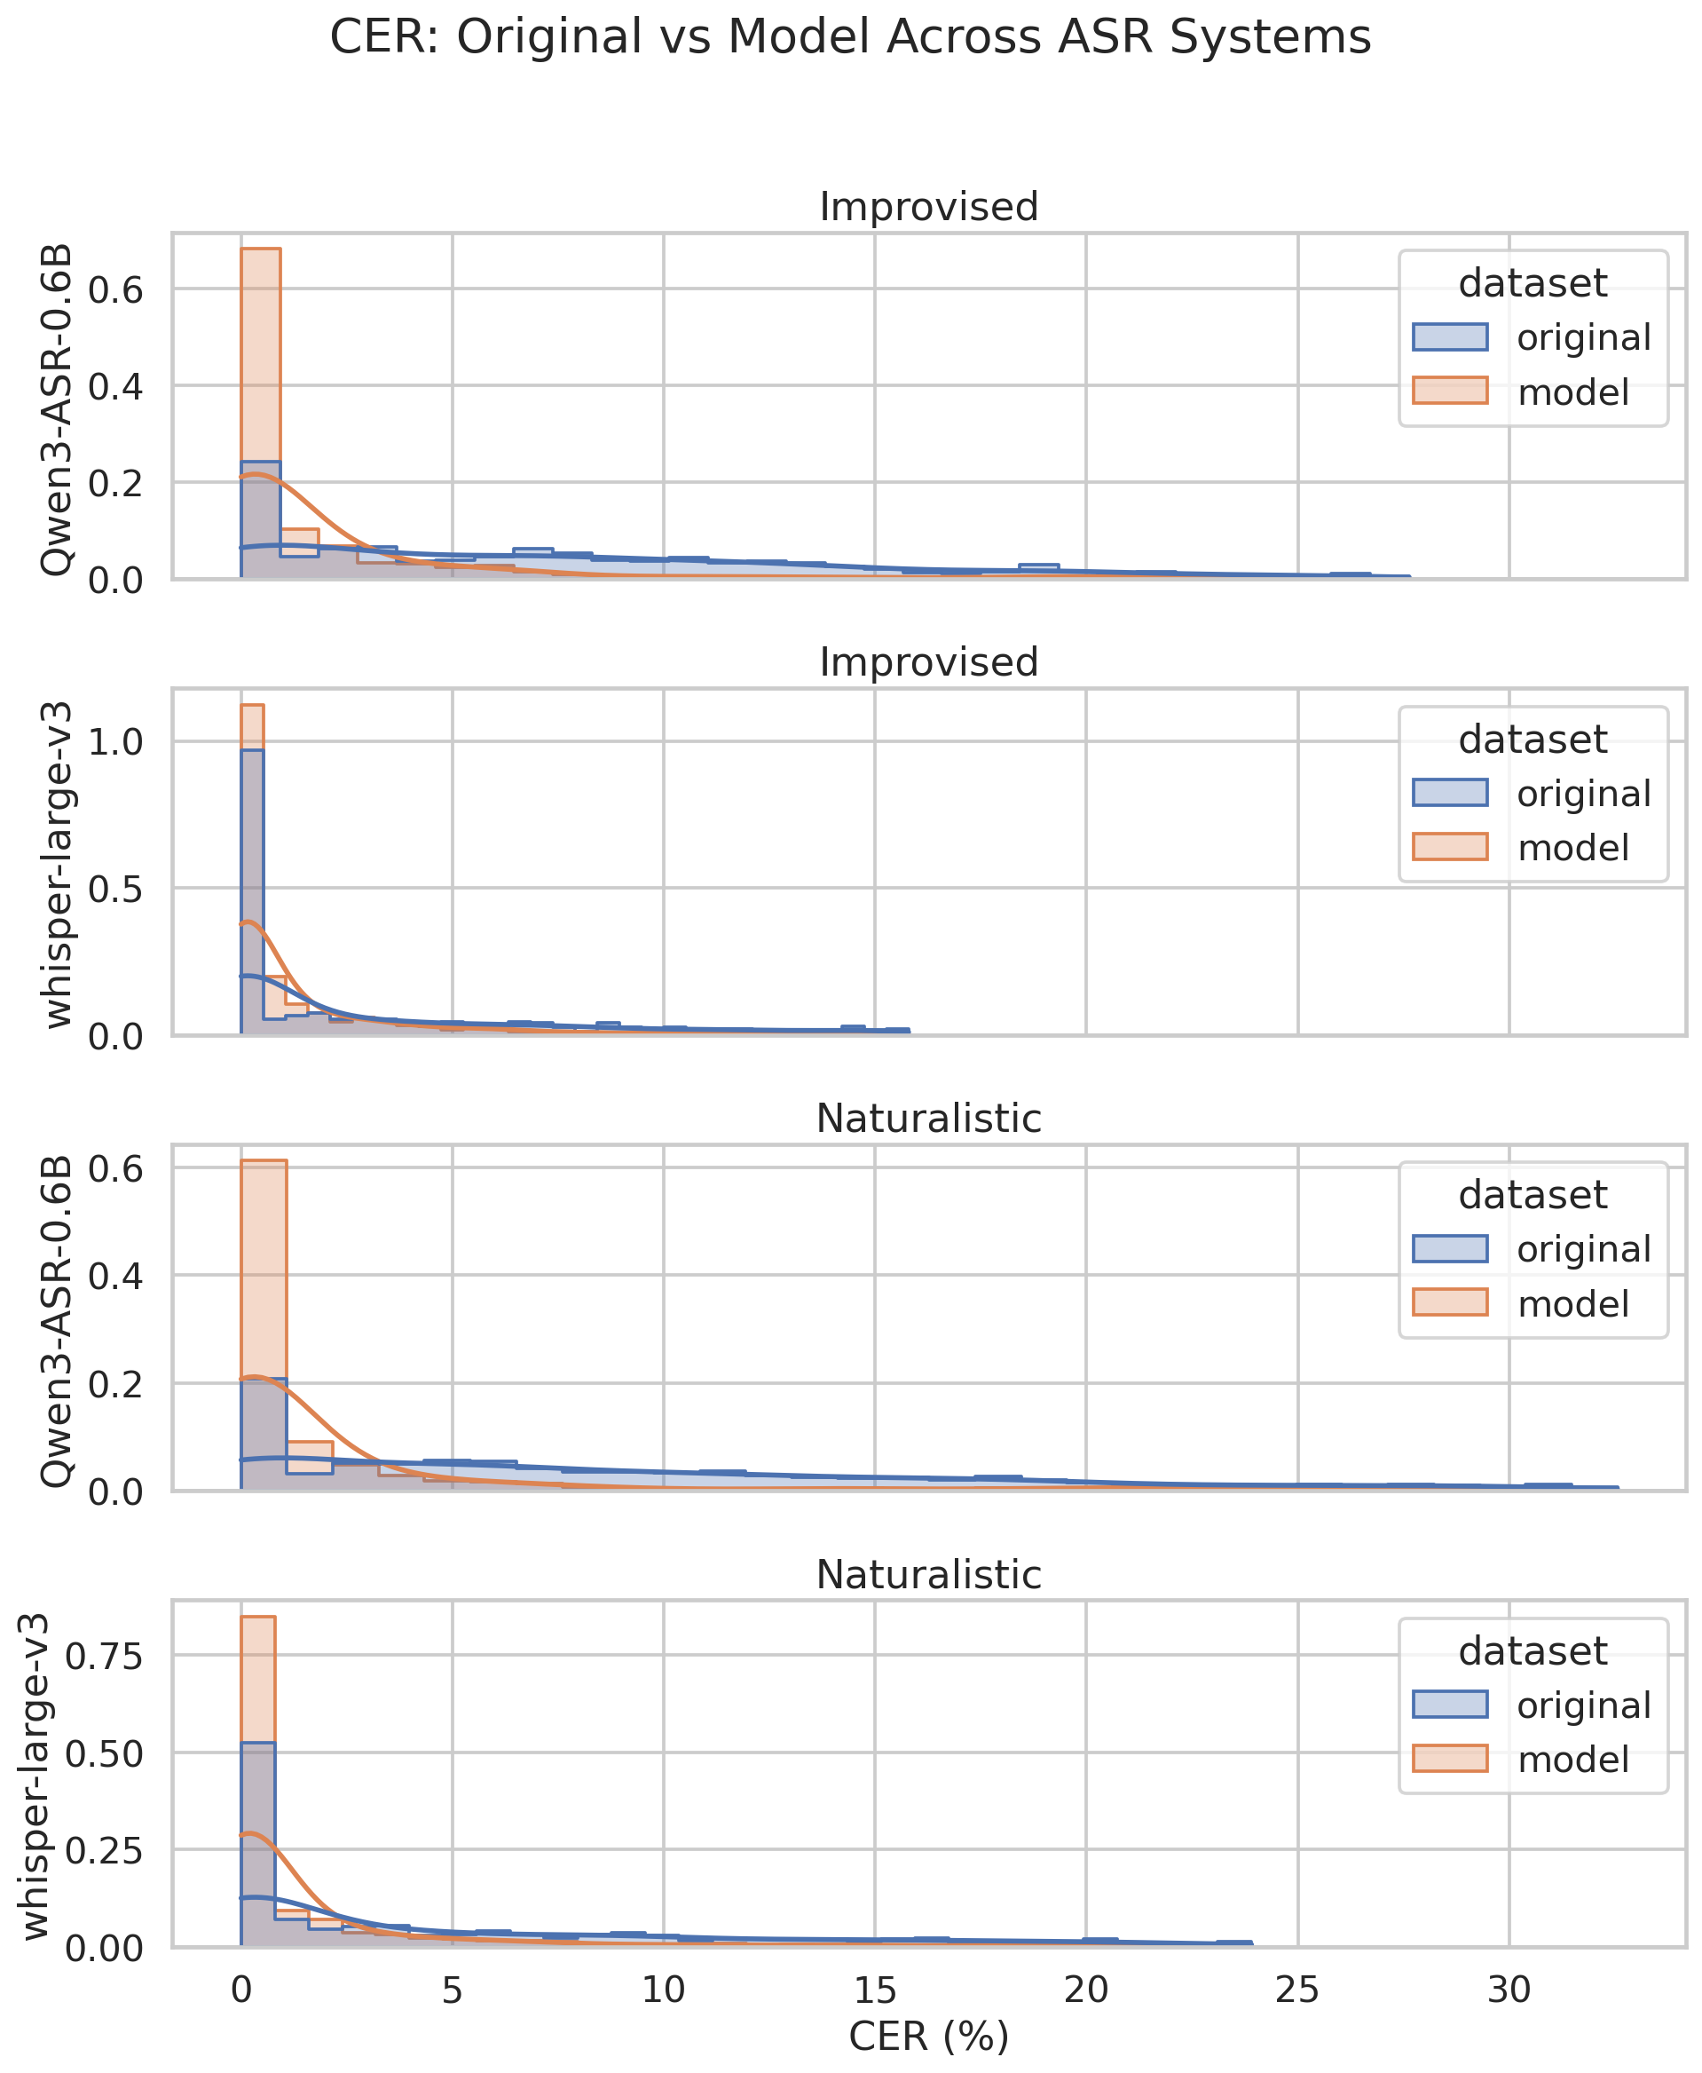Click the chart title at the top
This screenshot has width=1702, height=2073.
click(850, 37)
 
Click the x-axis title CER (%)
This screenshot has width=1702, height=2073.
click(928, 2036)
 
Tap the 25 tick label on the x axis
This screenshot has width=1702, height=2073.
click(1297, 1989)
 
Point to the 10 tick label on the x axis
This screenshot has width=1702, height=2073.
click(663, 1989)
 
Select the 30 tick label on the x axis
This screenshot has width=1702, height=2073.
click(1509, 1989)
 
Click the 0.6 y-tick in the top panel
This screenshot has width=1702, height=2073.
click(115, 289)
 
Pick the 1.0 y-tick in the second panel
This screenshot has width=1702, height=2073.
click(115, 741)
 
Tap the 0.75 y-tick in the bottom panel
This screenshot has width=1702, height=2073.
click(104, 1657)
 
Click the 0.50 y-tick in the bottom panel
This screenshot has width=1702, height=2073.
click(104, 1753)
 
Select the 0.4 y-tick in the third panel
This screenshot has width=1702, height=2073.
click(115, 1276)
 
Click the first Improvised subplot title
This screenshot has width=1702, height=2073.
click(928, 207)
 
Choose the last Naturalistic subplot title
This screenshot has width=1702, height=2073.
click(928, 1575)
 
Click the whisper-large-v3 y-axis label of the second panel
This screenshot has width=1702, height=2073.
click(57, 864)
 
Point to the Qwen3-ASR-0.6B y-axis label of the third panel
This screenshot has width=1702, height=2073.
click(57, 1321)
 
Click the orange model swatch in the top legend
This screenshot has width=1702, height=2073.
click(1450, 391)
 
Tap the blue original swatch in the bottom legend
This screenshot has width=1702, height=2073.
click(1450, 1705)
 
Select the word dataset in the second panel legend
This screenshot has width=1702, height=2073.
click(1533, 739)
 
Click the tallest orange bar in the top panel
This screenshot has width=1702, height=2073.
click(261, 414)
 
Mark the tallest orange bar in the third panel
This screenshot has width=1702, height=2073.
click(264, 1325)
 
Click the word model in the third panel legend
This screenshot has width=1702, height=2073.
click(1573, 1304)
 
